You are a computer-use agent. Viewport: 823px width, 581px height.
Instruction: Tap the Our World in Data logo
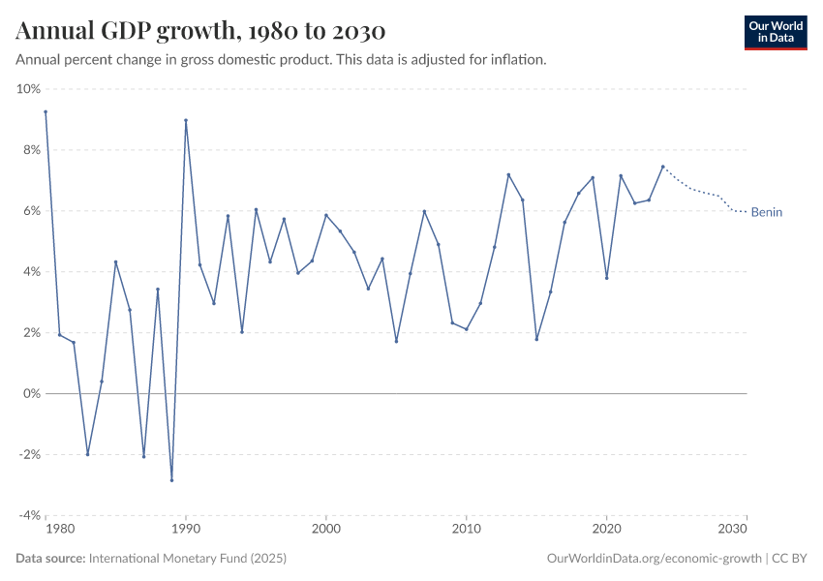point(775,32)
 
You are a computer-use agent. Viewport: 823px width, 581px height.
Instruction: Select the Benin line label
point(766,213)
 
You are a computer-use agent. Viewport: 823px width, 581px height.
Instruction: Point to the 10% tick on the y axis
point(28,89)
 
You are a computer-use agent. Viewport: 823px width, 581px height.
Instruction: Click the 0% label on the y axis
point(31,394)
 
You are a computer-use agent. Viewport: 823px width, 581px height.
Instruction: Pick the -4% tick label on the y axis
point(28,515)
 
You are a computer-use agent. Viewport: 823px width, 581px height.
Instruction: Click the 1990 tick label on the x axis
point(185,530)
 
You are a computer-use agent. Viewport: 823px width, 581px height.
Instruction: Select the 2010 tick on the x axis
point(466,530)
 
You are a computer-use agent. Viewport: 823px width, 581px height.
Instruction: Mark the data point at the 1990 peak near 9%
point(185,121)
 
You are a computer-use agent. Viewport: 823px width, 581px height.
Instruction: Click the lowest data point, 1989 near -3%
point(171,480)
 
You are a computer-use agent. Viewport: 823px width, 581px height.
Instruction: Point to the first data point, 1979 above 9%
point(46,111)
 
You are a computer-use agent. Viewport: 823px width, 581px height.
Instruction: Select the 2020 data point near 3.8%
point(606,278)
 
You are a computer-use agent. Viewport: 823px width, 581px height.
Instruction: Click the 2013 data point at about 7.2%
point(508,175)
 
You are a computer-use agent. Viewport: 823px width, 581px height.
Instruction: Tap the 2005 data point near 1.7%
point(396,341)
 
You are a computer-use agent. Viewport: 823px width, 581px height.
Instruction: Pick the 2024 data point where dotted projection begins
point(662,167)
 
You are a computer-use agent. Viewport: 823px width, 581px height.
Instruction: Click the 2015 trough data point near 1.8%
point(536,339)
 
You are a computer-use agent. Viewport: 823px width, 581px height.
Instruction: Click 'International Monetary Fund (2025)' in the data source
point(187,559)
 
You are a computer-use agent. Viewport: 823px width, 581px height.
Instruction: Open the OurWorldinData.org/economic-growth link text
point(655,559)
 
